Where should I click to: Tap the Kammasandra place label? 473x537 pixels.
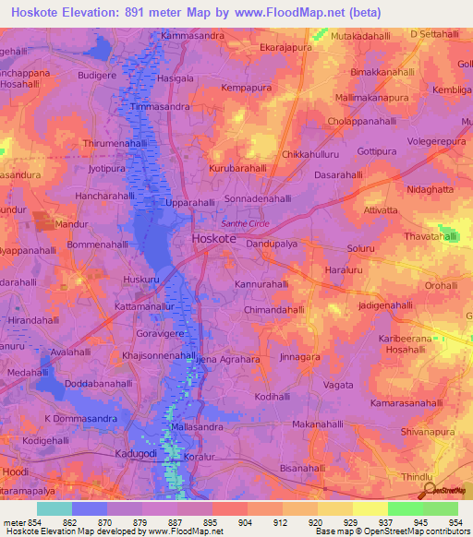tap(192, 36)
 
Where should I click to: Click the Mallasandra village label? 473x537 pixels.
tap(198, 428)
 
